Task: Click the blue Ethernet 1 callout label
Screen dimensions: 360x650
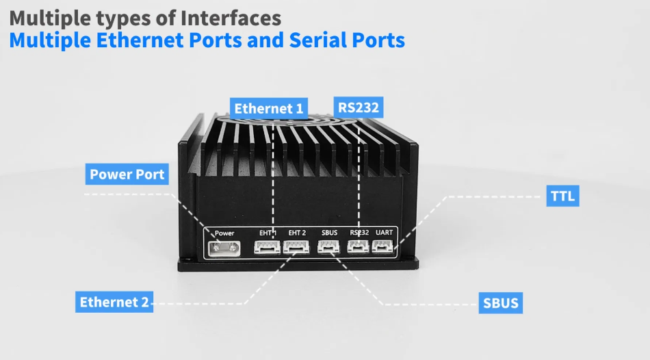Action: pos(269,108)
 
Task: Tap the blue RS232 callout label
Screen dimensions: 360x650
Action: pos(358,107)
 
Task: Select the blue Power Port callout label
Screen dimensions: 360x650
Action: pos(127,174)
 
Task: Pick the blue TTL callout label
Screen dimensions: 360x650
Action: pos(564,196)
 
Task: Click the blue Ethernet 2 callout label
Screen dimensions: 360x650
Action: pos(114,302)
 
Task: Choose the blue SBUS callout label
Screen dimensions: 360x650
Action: pos(500,302)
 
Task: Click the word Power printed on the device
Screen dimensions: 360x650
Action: pos(224,233)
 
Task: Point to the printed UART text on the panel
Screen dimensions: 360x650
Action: pos(384,233)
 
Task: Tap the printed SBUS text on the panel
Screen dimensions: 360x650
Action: pos(329,233)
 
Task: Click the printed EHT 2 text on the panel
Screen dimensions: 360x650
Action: pos(297,233)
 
